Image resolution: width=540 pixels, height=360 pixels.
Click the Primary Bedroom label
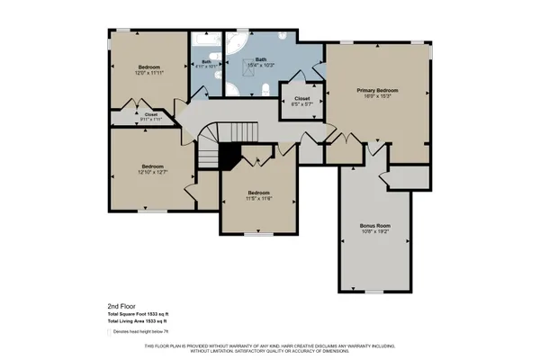click(376, 91)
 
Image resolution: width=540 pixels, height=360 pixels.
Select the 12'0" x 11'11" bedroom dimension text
click(149, 75)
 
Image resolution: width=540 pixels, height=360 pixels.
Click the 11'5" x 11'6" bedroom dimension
click(259, 198)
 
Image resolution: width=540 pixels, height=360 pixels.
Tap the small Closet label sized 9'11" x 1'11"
click(150, 121)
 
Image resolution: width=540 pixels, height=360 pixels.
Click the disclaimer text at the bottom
click(270, 349)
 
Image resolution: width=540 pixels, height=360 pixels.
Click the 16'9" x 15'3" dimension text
click(376, 97)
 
